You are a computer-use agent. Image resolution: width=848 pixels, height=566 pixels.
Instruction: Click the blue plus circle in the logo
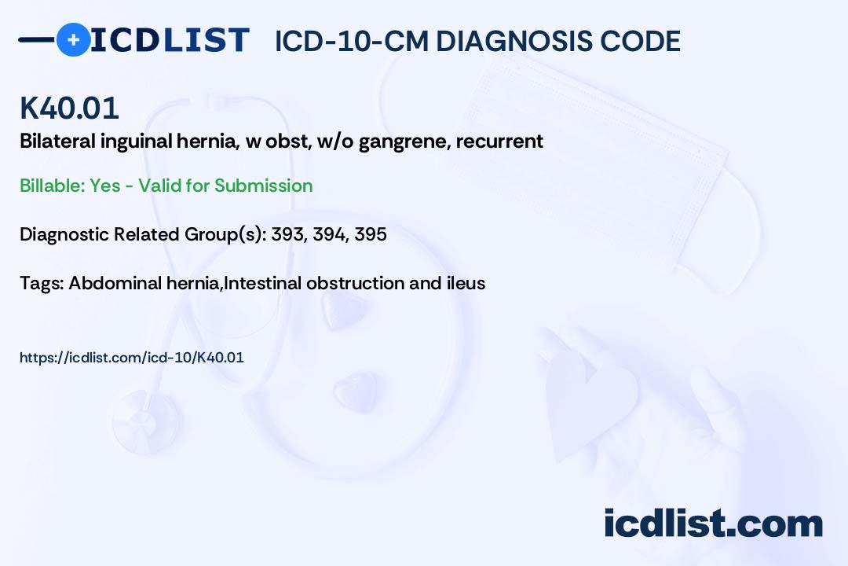(73, 39)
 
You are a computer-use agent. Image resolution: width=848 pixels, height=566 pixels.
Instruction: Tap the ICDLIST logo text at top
(170, 40)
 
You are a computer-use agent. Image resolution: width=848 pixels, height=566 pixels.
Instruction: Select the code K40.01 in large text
(69, 108)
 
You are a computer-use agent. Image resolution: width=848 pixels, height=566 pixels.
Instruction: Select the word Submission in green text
(263, 186)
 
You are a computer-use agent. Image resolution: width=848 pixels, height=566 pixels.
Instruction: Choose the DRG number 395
(370, 234)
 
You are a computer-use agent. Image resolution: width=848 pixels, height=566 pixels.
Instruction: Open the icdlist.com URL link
(132, 358)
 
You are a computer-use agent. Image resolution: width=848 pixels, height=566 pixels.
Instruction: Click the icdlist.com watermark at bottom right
(713, 524)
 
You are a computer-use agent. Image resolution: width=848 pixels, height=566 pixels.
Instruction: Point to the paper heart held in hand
(597, 393)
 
